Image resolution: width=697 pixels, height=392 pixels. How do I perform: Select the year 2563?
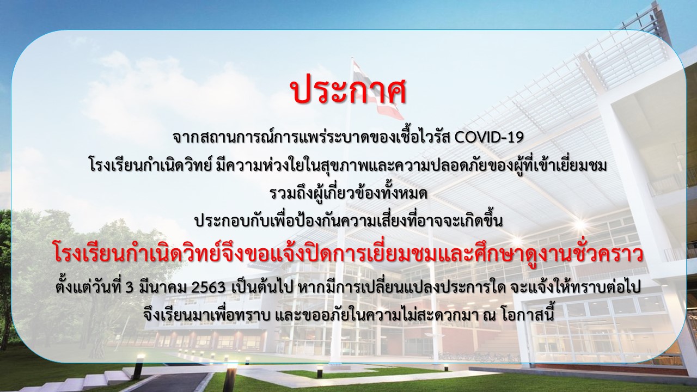[208, 288]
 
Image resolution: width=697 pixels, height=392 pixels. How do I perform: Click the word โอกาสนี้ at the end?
[558, 313]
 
